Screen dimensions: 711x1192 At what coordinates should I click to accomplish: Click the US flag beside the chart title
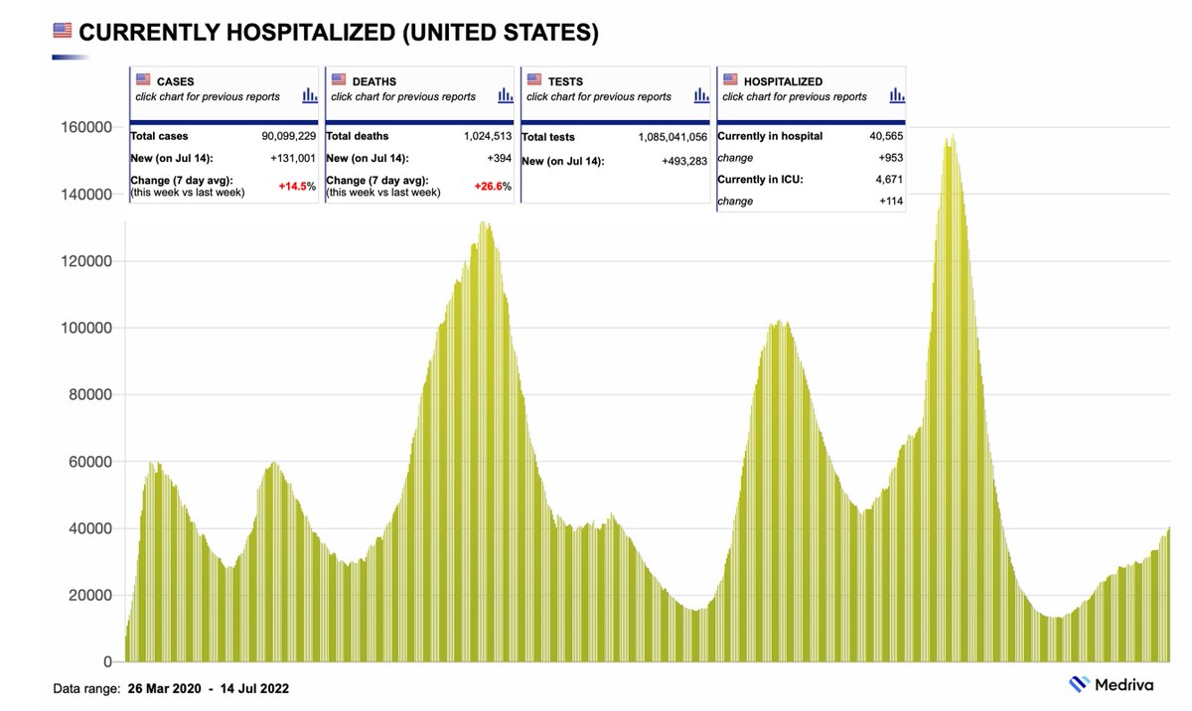tap(63, 32)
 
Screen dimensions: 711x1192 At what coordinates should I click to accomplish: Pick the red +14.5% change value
tap(296, 187)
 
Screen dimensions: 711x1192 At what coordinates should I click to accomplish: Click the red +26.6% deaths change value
tap(492, 187)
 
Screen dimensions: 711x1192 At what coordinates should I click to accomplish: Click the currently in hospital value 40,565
tap(881, 136)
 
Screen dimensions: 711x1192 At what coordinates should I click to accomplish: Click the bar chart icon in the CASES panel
tap(309, 95)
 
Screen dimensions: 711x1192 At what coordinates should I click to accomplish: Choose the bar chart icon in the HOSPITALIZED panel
tap(896, 95)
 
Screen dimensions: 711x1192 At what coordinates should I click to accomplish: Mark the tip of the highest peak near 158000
tap(953, 135)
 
